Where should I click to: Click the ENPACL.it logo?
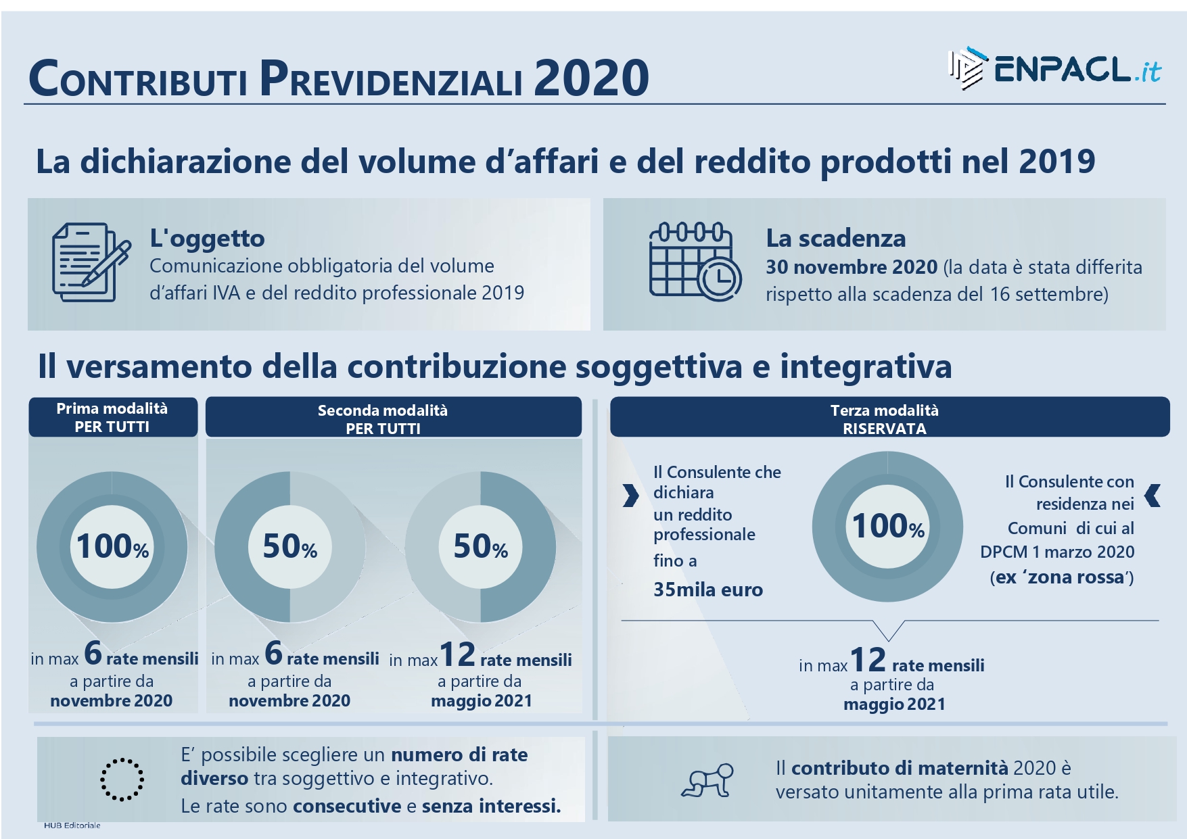(x=1055, y=69)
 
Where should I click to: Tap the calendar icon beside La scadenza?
(x=695, y=261)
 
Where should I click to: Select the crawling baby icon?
(x=707, y=781)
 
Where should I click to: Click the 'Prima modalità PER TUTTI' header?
(x=113, y=417)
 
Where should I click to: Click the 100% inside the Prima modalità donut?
(x=112, y=547)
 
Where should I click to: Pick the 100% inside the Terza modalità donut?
(x=888, y=527)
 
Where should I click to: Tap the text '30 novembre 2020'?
(x=852, y=267)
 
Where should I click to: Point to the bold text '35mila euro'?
(x=708, y=590)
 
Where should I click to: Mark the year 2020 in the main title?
(x=592, y=78)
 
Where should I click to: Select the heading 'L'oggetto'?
(x=207, y=239)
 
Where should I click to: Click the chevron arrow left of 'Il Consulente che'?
(x=630, y=496)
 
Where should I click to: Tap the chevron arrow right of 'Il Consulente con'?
(x=1153, y=496)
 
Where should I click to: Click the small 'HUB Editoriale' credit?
(x=72, y=825)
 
